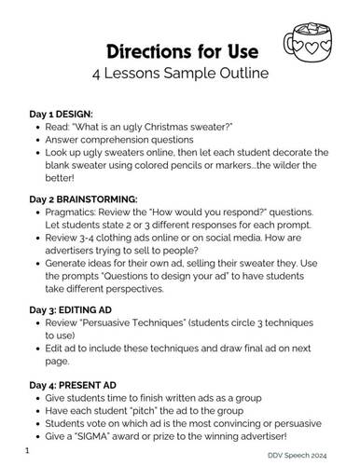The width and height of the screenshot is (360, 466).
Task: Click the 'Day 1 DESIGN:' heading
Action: pyautogui.click(x=67, y=114)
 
